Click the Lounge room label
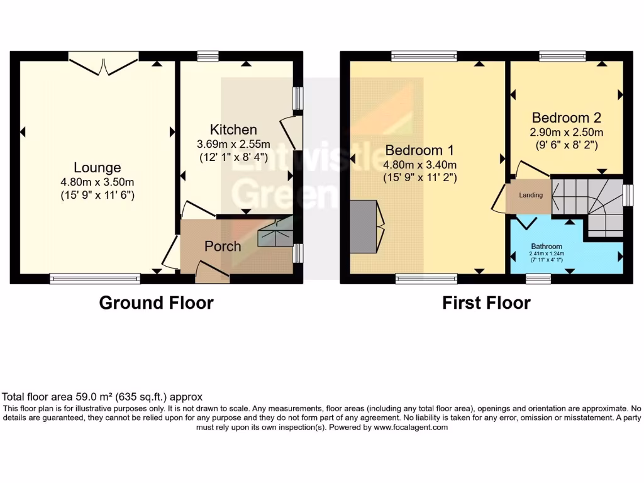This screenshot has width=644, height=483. pyautogui.click(x=97, y=168)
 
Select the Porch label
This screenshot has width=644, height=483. pyautogui.click(x=223, y=246)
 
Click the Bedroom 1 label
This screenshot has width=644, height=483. pyautogui.click(x=419, y=150)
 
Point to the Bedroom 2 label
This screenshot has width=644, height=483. pyautogui.click(x=566, y=118)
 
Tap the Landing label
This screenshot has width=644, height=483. pyautogui.click(x=530, y=195)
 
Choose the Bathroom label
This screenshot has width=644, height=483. pyautogui.click(x=547, y=246)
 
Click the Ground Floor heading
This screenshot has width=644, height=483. pyautogui.click(x=156, y=303)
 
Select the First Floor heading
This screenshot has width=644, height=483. pyautogui.click(x=486, y=303)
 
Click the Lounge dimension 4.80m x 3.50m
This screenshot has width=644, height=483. pyautogui.click(x=97, y=182)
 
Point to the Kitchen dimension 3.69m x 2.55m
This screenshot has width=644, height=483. pyautogui.click(x=233, y=144)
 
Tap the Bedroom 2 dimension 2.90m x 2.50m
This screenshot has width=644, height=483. pyautogui.click(x=566, y=132)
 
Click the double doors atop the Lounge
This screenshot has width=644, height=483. pyautogui.click(x=104, y=60)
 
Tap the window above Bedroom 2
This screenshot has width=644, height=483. pyautogui.click(x=562, y=55)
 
